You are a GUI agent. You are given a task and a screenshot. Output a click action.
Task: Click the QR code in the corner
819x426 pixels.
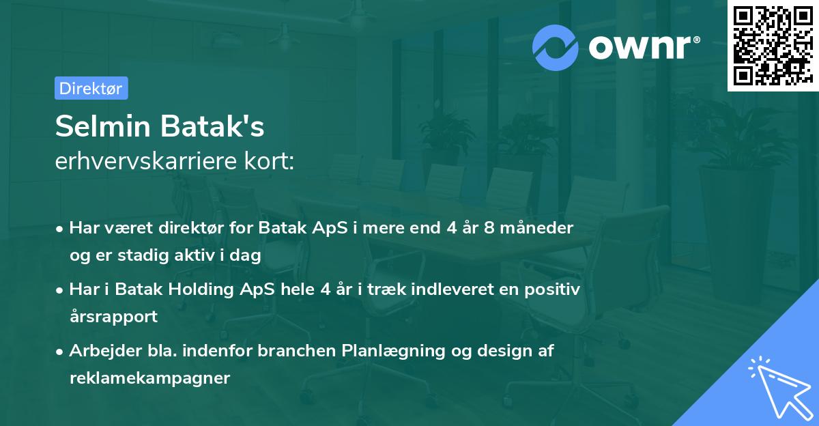pos(773,46)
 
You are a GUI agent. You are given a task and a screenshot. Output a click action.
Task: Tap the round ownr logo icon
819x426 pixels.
pos(556,47)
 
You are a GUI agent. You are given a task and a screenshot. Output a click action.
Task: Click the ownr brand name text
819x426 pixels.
pos(642,47)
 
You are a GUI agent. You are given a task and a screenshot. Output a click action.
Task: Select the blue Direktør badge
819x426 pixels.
pos(91,88)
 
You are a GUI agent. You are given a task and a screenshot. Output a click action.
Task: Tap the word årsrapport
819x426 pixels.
pos(113,316)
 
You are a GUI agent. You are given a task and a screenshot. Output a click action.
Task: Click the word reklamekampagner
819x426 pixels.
pos(149,378)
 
